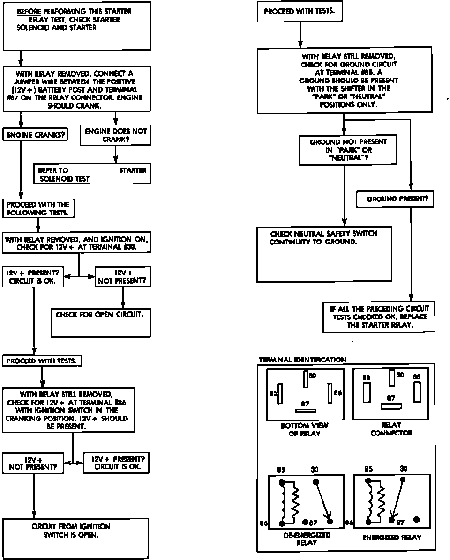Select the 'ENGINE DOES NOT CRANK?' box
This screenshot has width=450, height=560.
[x=115, y=135]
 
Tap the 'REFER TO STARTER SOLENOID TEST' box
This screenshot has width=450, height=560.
[x=92, y=174]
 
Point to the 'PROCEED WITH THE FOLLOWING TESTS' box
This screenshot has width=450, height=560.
[x=38, y=208]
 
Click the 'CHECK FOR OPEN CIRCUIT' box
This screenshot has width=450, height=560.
[x=101, y=321]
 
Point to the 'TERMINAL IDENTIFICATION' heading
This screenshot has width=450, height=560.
[x=302, y=360]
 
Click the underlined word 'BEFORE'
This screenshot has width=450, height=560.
[x=27, y=12]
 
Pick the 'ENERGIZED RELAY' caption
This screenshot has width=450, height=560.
[x=392, y=538]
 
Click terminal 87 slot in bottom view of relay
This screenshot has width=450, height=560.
[x=303, y=411]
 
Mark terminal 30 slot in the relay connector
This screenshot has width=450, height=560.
[x=392, y=377]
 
